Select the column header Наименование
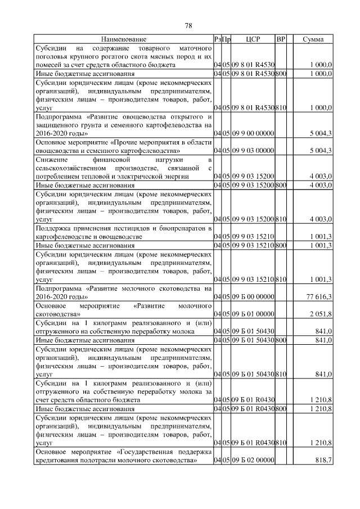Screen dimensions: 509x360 tap(123, 39)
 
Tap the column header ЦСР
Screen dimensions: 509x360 tap(252, 39)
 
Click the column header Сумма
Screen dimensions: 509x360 tap(313, 39)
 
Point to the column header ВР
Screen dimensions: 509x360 tap(281, 39)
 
